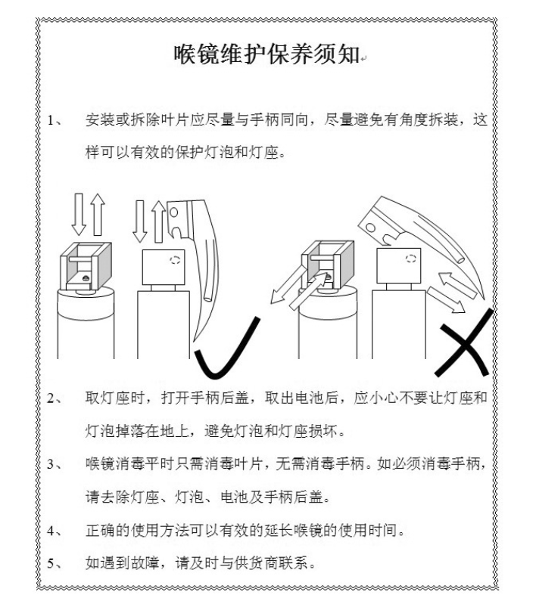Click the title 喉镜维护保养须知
[x=266, y=54]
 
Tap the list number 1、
[x=55, y=120]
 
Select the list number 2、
[x=55, y=398]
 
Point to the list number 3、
[x=55, y=465]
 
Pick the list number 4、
[x=55, y=531]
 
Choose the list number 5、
[x=55, y=563]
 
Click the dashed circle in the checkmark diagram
[x=175, y=260]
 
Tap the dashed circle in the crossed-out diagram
[x=411, y=258]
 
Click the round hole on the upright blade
[x=173, y=212]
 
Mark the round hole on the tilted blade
[x=370, y=228]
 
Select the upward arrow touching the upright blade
[x=158, y=222]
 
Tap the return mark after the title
[x=363, y=59]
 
